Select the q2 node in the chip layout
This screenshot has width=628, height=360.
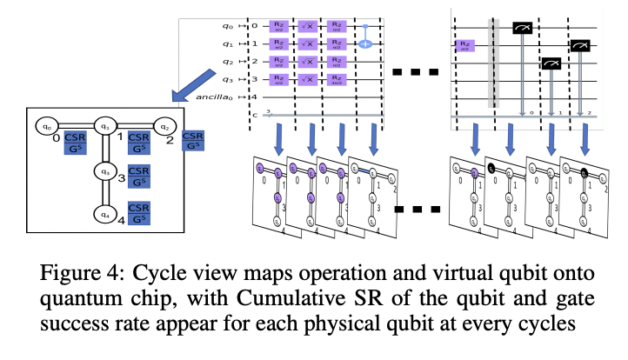(x=163, y=126)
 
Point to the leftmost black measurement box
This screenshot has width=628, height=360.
(x=522, y=27)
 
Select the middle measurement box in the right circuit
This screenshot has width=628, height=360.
(x=551, y=63)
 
